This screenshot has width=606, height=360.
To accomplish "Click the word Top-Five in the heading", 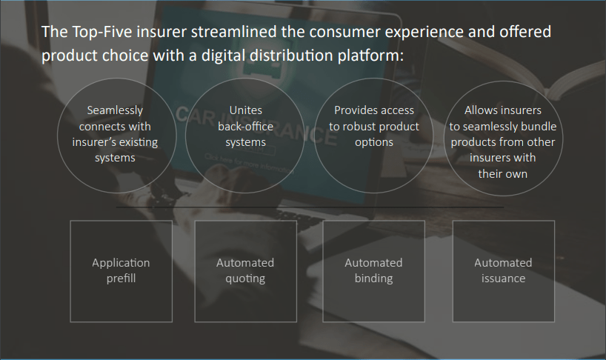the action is pyautogui.click(x=102, y=33).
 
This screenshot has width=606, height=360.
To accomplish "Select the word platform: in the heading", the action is pyautogui.click(x=370, y=56).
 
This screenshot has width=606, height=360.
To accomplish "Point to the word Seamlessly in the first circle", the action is pyautogui.click(x=115, y=111).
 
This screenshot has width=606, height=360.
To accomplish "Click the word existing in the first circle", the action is pyautogui.click(x=139, y=142).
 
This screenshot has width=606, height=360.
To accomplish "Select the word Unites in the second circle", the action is pyautogui.click(x=245, y=110).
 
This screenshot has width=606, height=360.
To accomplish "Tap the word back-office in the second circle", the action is pyautogui.click(x=245, y=127).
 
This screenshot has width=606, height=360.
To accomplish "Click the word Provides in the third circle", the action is pyautogui.click(x=353, y=110).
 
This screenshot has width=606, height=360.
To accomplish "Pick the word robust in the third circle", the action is pyautogui.click(x=359, y=127).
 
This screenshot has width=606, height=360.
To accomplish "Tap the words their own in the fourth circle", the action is pyautogui.click(x=502, y=174).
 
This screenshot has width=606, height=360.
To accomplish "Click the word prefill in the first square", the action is pyautogui.click(x=121, y=279).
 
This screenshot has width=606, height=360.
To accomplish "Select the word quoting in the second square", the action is pyautogui.click(x=245, y=279).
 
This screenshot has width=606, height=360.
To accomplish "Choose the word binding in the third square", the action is pyautogui.click(x=373, y=279).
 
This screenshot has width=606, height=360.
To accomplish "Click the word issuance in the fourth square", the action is pyautogui.click(x=503, y=279).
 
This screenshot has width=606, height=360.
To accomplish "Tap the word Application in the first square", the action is pyautogui.click(x=121, y=264).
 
